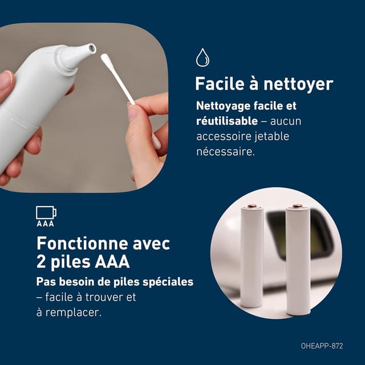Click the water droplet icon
(x=202, y=58)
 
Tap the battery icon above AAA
(x=46, y=213)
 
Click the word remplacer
(x=74, y=313)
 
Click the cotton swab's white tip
(x=108, y=59)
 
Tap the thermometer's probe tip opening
(x=90, y=49)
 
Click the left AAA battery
(x=251, y=257)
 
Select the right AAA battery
(x=298, y=259)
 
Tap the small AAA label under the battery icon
(x=45, y=224)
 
